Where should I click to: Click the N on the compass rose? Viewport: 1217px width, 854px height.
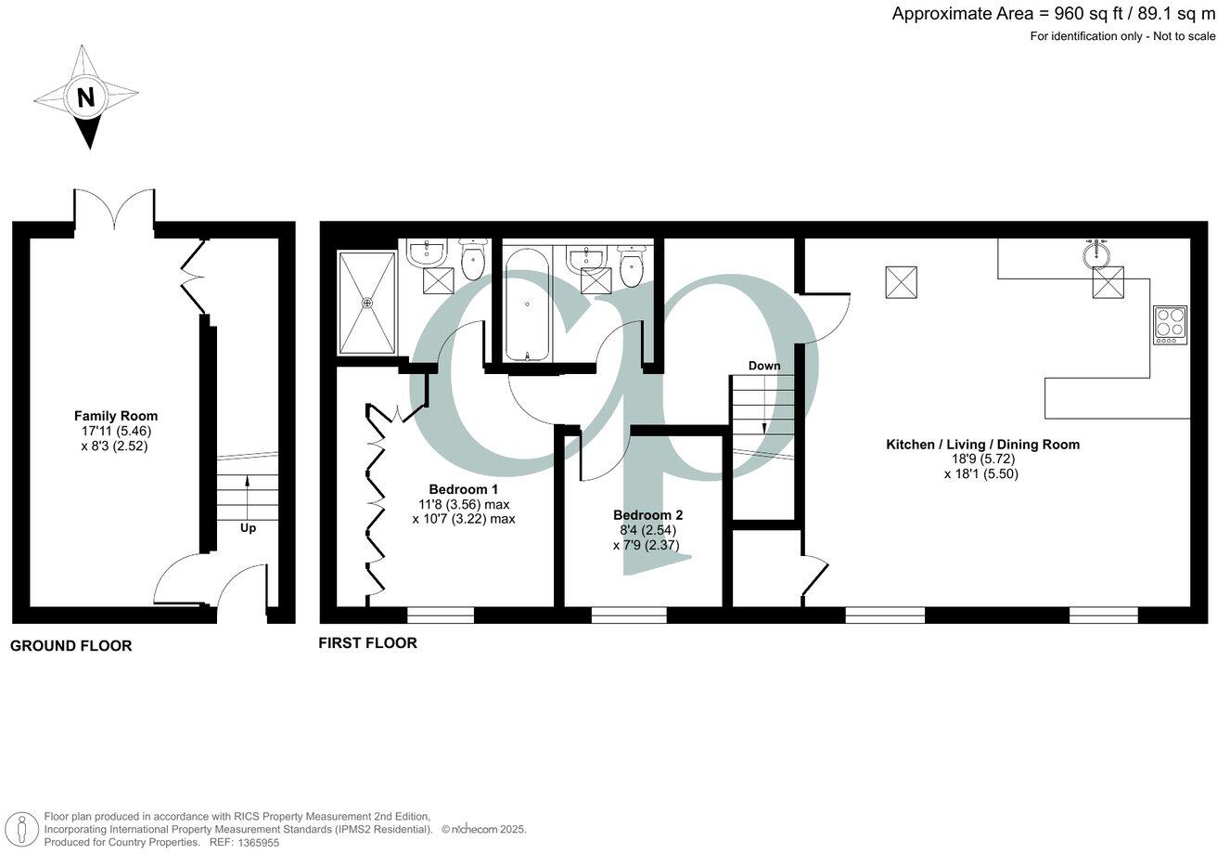pos(85,97)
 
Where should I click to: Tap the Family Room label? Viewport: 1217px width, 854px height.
pos(116,416)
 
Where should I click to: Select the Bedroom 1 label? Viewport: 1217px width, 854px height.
pos(463,489)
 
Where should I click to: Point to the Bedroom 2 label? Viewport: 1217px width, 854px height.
pos(647,514)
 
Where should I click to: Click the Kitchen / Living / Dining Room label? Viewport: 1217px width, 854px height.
pos(982,445)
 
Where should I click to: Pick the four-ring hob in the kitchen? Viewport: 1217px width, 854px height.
pos(1170,325)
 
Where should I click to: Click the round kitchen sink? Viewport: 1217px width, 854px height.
pos(1099,252)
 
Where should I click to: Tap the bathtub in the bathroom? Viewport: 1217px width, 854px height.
pos(527,303)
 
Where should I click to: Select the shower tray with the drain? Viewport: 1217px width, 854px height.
pos(367,302)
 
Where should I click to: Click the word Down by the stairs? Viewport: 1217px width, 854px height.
pos(764,366)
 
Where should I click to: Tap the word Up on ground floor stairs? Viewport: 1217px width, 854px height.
pos(248,527)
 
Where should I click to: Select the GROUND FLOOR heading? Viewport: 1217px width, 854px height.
pos(70,646)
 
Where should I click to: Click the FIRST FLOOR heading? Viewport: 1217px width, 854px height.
pos(367,642)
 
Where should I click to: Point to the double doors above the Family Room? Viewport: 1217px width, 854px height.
pos(114,210)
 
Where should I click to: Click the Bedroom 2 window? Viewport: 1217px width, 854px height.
pos(628,614)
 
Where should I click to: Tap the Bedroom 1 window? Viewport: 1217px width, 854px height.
pos(440,614)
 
